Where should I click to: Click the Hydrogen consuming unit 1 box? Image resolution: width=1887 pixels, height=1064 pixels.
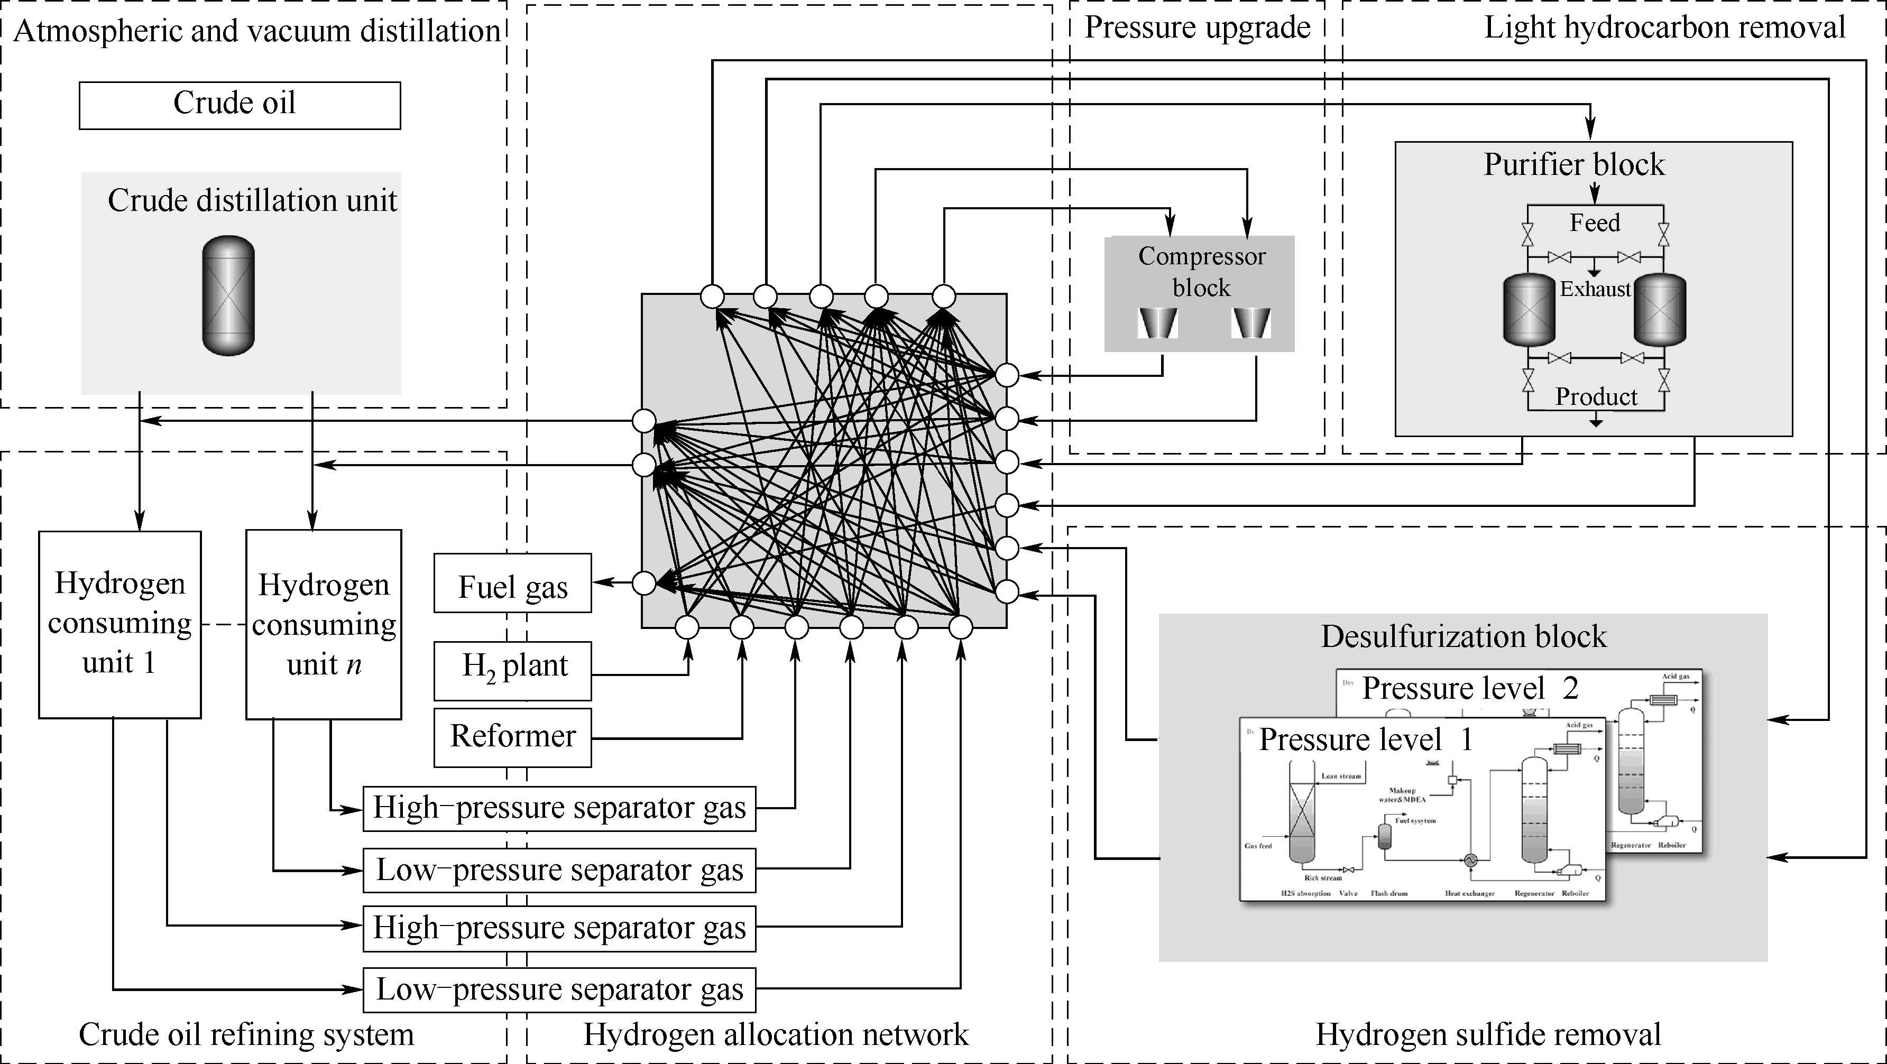(119, 624)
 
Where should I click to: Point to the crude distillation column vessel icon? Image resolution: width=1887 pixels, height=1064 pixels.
(228, 295)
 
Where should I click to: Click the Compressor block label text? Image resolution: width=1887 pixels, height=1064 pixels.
(1201, 272)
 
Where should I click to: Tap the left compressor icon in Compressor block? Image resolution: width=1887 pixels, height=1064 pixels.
(1157, 323)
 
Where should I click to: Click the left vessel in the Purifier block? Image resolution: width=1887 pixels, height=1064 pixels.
(1529, 310)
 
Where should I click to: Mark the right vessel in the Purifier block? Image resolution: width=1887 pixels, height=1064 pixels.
(1660, 310)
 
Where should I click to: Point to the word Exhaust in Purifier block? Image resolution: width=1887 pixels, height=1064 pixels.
(1595, 289)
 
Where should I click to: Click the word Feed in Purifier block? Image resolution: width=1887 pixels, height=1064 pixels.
(1594, 223)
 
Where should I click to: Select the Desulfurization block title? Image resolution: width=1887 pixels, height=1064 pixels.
(1463, 636)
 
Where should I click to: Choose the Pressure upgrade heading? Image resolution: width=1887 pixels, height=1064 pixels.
(1197, 28)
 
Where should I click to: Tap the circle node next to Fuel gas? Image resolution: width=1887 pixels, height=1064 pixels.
(644, 583)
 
